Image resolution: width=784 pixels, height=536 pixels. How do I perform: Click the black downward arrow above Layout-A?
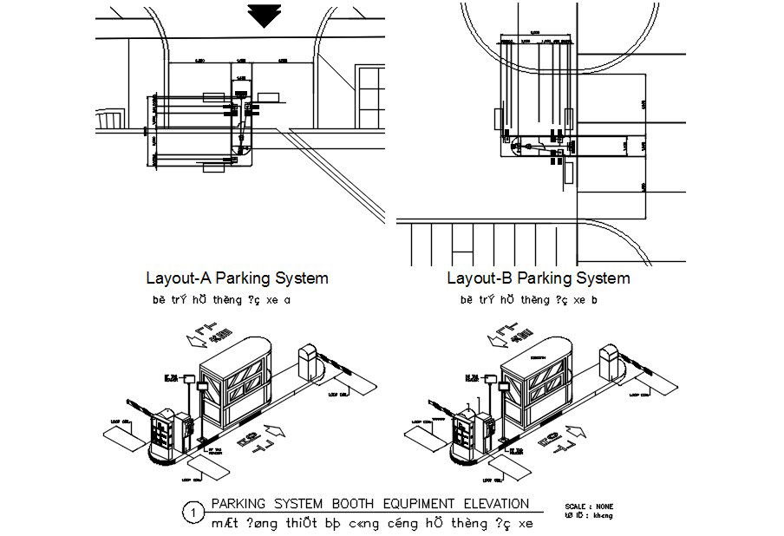[x=262, y=16]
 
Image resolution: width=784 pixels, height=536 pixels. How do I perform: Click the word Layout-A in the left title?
[x=179, y=278]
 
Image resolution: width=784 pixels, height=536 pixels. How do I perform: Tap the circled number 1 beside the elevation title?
[x=190, y=513]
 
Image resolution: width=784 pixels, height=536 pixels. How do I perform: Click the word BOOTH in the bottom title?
[x=368, y=503]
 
